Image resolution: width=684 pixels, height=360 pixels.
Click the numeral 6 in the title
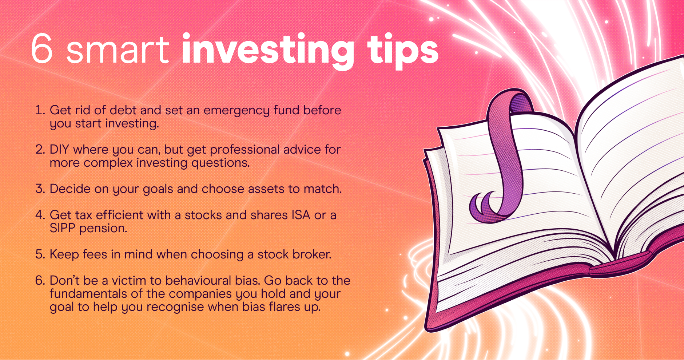42,48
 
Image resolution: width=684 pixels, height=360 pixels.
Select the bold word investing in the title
268,51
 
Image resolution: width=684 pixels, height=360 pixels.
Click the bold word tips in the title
403,51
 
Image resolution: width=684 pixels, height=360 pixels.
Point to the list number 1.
40,110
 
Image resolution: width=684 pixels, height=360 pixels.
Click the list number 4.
40,215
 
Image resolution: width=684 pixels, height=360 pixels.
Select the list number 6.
40,280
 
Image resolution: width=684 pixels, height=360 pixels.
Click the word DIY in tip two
59,149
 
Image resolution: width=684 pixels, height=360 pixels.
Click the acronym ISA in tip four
301,215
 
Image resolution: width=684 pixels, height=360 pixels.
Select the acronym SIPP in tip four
63,228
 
